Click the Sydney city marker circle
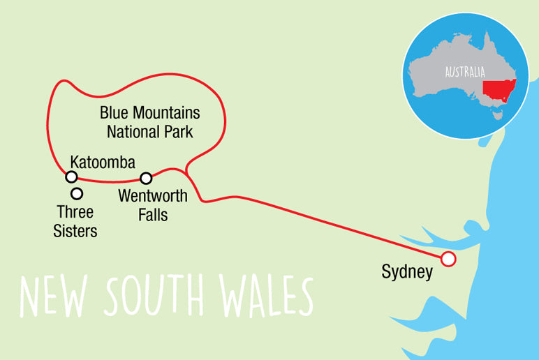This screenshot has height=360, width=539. [x=448, y=260]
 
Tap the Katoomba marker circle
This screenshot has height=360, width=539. [x=71, y=177]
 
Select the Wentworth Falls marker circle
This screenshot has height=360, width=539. [x=146, y=178]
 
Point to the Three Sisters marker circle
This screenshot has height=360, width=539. [x=77, y=193]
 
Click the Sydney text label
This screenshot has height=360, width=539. [x=407, y=272]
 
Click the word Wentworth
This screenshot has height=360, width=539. [x=153, y=196]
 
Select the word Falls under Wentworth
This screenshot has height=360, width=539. [x=153, y=214]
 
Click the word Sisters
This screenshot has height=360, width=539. [x=75, y=231]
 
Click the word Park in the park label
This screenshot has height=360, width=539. [x=177, y=130]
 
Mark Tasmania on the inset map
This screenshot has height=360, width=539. [x=498, y=115]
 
